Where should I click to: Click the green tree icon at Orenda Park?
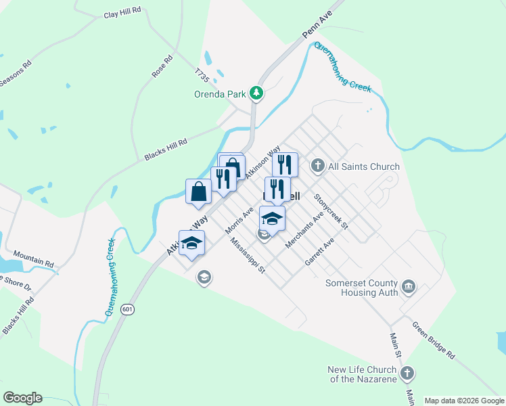[256, 93]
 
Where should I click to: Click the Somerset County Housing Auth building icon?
[409, 288]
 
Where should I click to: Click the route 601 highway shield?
[127, 309]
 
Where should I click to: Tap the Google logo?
[22, 398]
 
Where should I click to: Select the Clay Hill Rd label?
[122, 13]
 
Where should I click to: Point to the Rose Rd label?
[163, 66]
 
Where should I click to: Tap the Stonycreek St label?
[331, 211]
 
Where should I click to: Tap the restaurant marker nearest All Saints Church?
[285, 164]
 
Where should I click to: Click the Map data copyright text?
[464, 401]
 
